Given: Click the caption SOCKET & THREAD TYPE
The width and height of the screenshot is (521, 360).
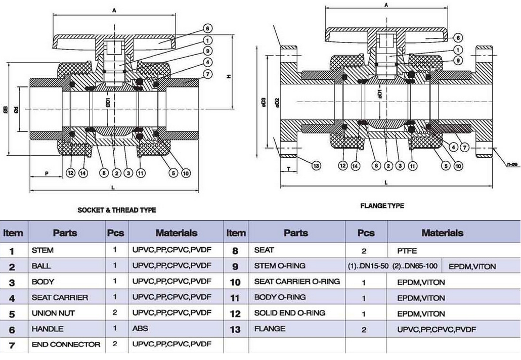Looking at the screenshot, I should click(x=116, y=210).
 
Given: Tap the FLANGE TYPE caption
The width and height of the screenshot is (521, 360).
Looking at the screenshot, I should click(x=382, y=206).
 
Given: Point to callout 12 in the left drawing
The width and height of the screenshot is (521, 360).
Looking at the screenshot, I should click(x=70, y=173).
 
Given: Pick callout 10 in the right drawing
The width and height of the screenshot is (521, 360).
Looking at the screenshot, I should click(x=458, y=165).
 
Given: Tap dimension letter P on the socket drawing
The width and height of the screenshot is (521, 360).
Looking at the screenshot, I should click(x=47, y=173).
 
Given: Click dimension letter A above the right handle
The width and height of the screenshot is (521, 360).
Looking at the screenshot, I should click(x=386, y=5).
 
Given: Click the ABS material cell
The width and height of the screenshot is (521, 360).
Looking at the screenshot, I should click(x=140, y=329).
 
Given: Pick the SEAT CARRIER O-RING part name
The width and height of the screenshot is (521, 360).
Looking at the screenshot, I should click(x=297, y=282).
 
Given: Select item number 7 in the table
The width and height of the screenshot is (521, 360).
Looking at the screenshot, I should click(x=12, y=345).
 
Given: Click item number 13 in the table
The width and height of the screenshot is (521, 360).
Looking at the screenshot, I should click(x=235, y=330).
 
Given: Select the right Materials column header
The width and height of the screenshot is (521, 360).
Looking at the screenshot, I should click(x=442, y=233).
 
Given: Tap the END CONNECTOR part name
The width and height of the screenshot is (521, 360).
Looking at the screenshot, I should click(x=66, y=344).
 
